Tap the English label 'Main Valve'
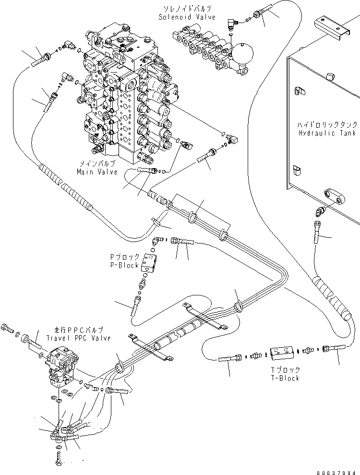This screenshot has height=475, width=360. pos(96,172)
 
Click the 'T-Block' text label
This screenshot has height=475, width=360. pos(285,378)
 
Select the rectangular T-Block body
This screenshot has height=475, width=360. pos(282,354)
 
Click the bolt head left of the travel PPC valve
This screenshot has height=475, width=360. pos(6,328)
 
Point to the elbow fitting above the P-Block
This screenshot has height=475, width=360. pos(156,241)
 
